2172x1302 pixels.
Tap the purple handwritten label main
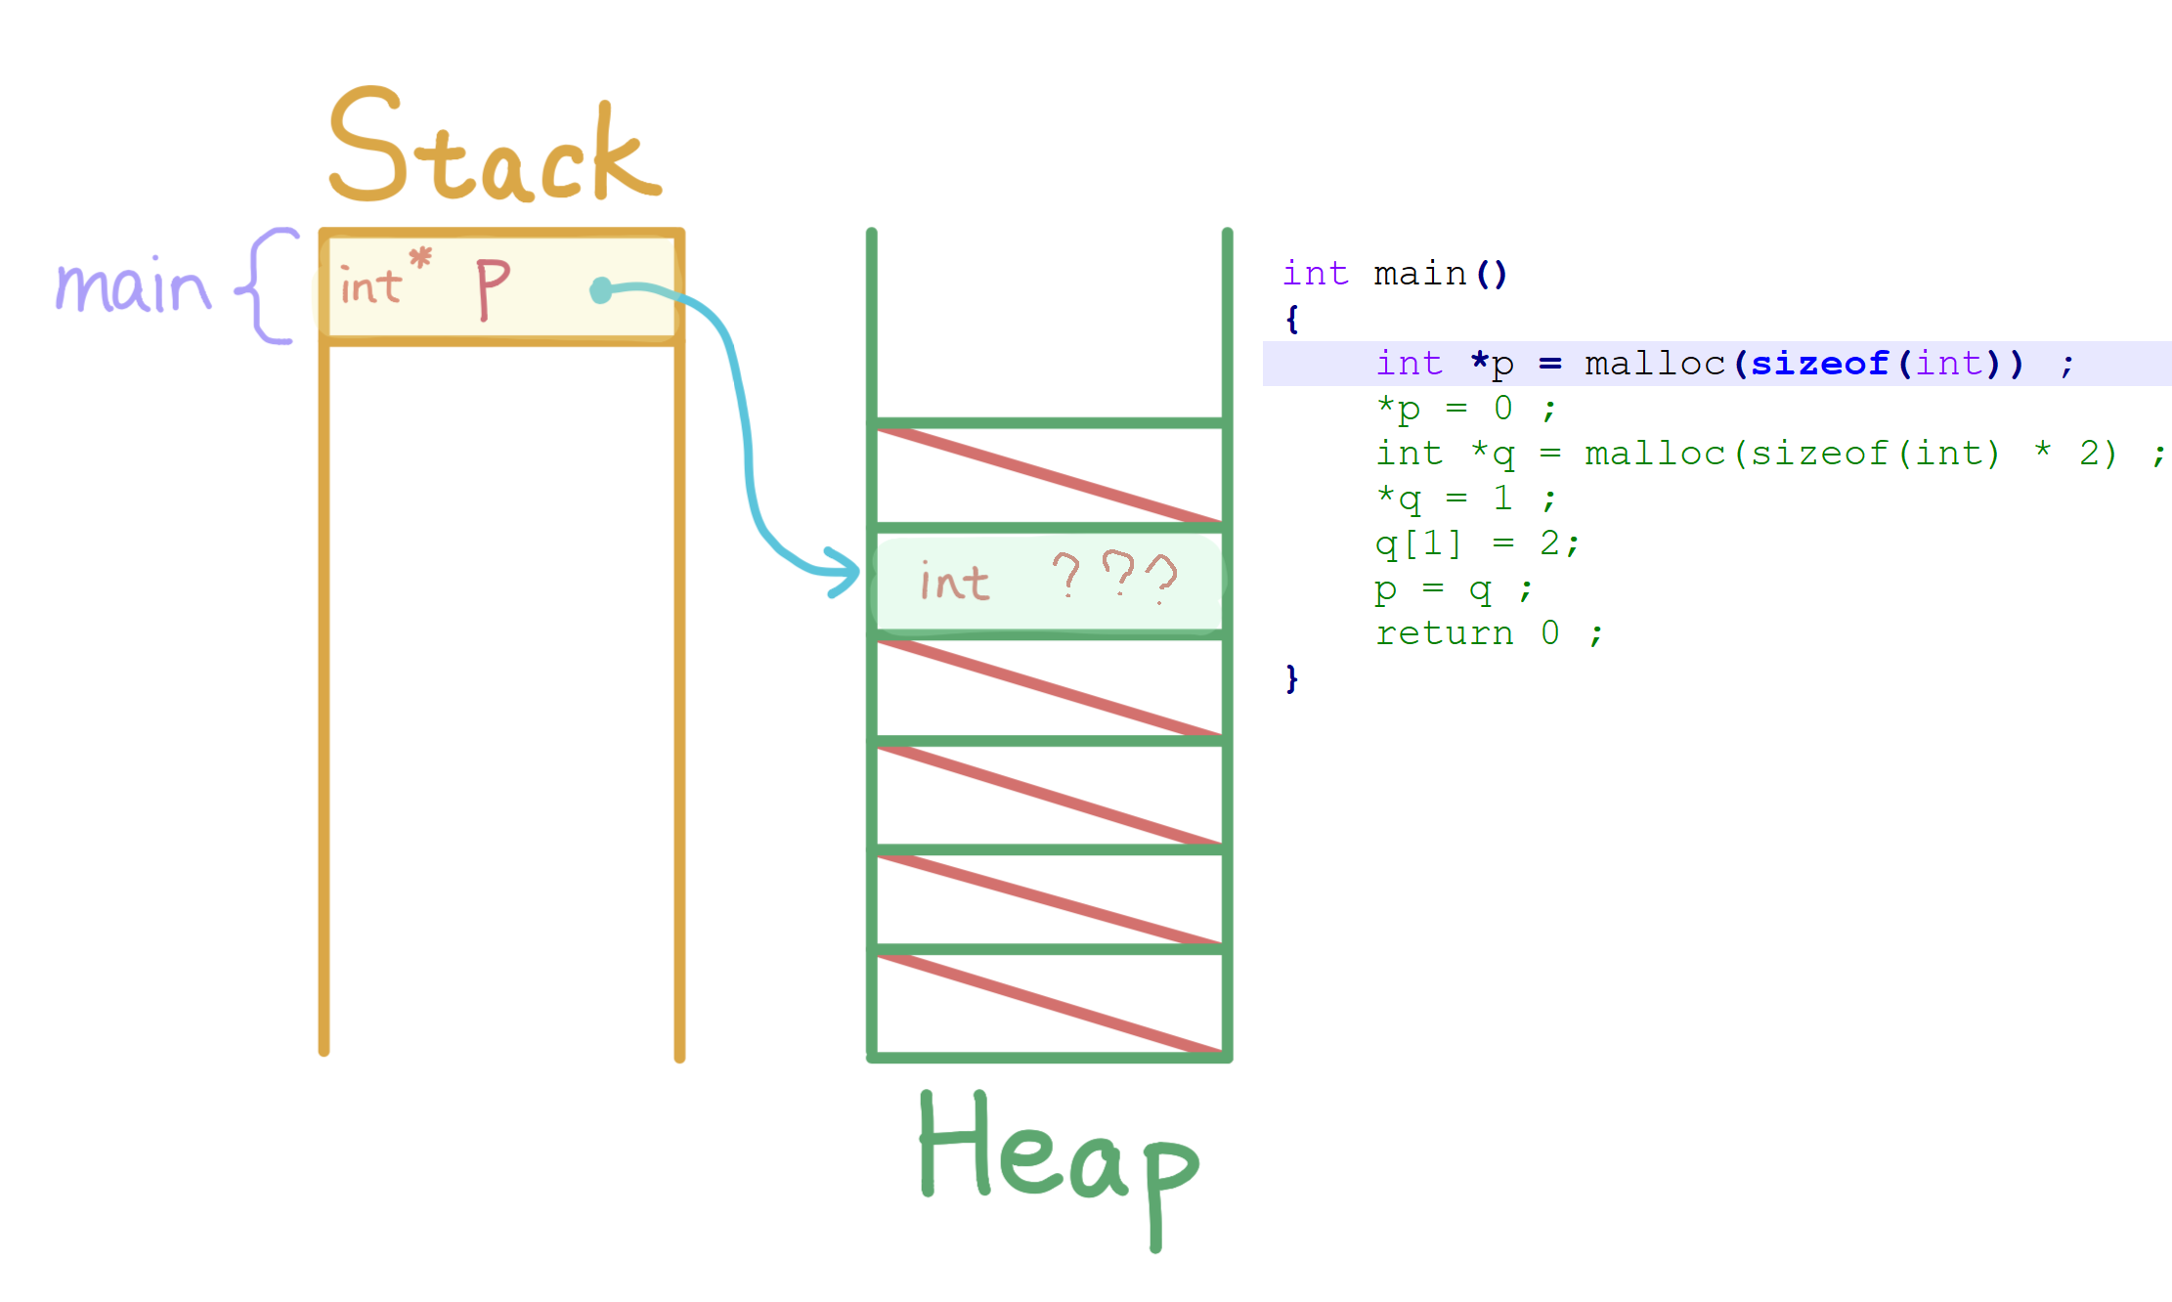click(x=133, y=286)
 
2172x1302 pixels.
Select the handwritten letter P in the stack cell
click(x=492, y=287)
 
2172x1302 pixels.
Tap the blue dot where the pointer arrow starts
click(x=601, y=290)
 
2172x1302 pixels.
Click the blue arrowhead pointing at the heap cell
click(x=842, y=573)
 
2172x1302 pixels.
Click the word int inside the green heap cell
click(x=954, y=583)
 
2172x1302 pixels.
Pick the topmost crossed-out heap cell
click(x=1049, y=475)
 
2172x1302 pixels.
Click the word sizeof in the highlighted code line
click(x=1819, y=364)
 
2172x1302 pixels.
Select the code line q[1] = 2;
click(x=1476, y=543)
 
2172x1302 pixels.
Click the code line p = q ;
click(x=1453, y=588)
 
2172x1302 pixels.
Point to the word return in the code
click(x=1444, y=633)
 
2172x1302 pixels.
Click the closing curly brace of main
click(x=1292, y=677)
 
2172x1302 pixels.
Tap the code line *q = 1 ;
click(x=1464, y=499)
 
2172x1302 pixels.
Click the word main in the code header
click(x=1419, y=274)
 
